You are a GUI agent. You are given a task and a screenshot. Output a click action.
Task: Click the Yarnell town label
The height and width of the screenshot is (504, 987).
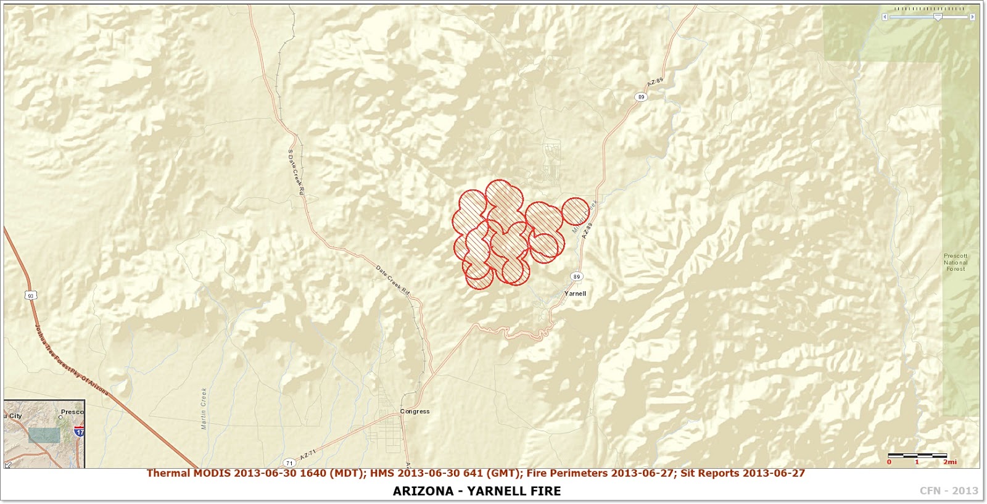tap(575, 294)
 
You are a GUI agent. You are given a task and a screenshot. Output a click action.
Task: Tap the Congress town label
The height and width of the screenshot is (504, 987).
tap(415, 411)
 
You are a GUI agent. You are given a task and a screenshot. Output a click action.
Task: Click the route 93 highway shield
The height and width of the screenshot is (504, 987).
tap(31, 295)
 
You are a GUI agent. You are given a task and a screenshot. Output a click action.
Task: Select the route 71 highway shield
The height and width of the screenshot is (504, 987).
tap(289, 463)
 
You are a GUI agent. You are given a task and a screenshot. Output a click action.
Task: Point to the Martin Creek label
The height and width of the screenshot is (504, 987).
tap(204, 408)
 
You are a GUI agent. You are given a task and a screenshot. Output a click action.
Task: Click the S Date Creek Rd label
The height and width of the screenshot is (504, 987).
tap(296, 173)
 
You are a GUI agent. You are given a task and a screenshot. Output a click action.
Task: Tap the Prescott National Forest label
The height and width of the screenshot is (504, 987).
tap(956, 262)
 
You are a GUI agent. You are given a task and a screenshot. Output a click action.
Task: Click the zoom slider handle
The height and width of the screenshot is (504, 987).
tap(938, 17)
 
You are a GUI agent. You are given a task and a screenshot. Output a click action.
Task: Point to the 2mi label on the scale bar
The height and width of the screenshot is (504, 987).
tap(950, 462)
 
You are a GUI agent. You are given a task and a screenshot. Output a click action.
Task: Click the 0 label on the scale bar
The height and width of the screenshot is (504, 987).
tap(889, 462)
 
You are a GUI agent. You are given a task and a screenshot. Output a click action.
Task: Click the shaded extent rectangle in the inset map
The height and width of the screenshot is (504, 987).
tap(44, 435)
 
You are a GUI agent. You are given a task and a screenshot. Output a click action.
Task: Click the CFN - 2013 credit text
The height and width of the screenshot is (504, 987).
tap(949, 491)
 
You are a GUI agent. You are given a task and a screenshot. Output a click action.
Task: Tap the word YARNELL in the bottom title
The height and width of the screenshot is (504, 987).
tap(496, 491)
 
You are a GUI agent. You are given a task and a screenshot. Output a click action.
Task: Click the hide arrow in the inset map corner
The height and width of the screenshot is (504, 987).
tap(9, 464)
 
